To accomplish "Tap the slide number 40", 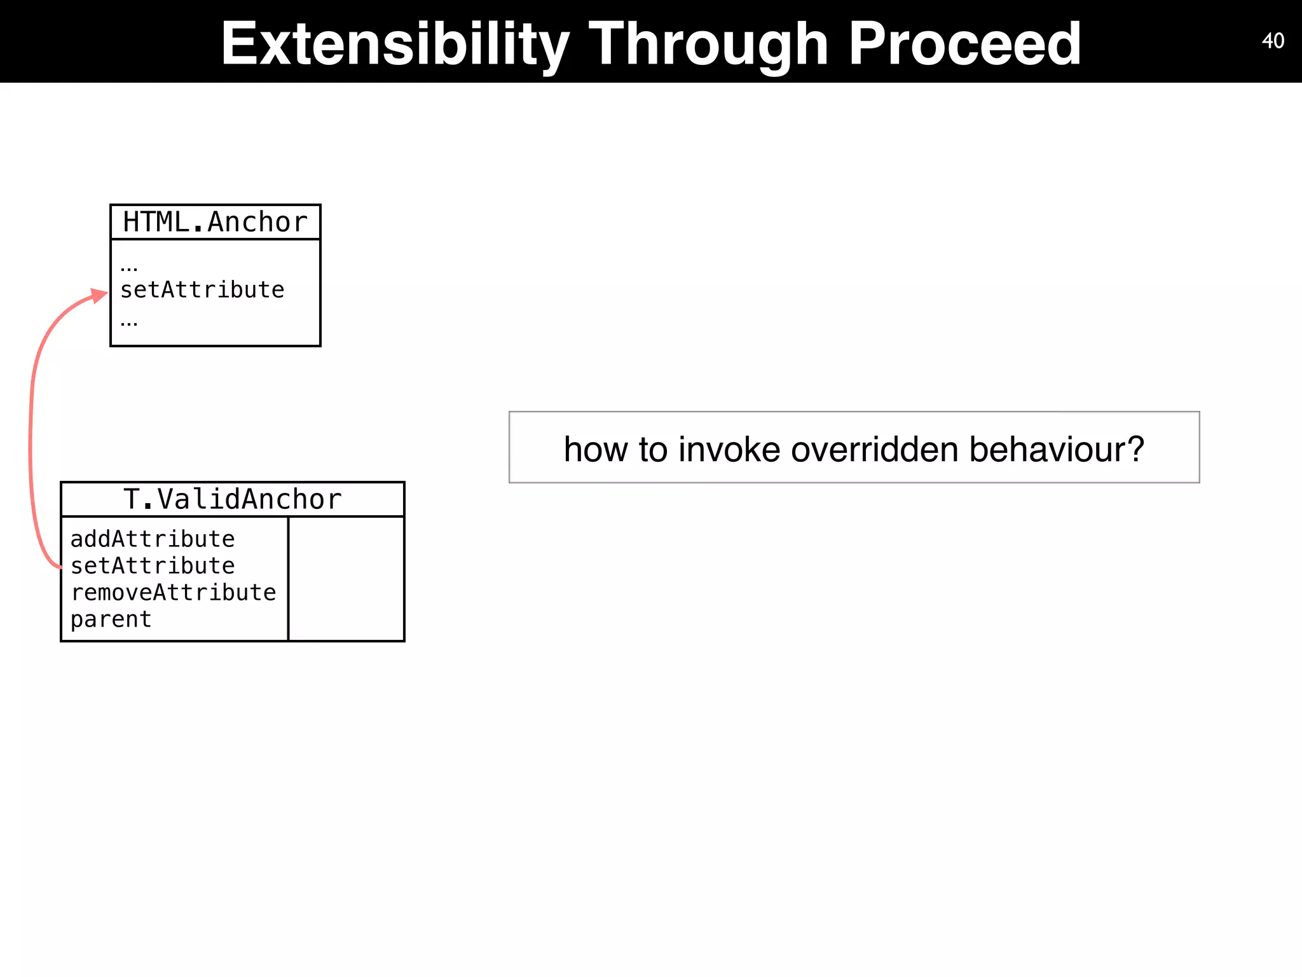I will (x=1273, y=41).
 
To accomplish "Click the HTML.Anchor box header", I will (x=215, y=222).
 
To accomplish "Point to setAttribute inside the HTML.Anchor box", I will (x=202, y=290).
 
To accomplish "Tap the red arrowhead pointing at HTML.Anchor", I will (x=99, y=296).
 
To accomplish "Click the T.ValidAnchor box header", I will (x=232, y=499).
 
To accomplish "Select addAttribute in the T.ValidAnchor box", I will (x=153, y=539).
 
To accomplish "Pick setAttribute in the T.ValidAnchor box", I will (x=153, y=566).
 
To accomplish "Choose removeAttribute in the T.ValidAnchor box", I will (x=173, y=593).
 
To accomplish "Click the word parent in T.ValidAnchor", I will (x=111, y=620).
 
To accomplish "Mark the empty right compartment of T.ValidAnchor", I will (x=346, y=578).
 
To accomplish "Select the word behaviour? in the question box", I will (x=1057, y=449).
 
